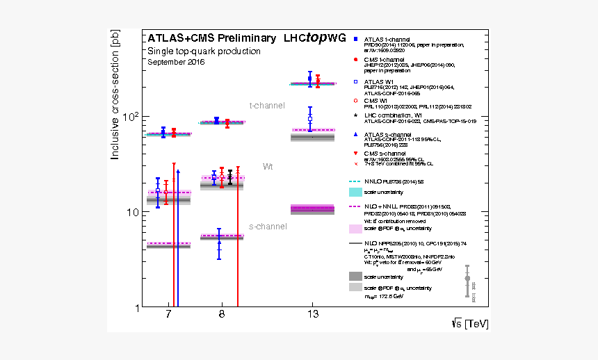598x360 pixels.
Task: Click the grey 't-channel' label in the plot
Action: (267, 106)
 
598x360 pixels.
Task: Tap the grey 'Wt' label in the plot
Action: (268, 167)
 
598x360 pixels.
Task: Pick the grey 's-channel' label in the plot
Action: (268, 227)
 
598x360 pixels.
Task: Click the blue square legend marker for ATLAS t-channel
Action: (355, 39)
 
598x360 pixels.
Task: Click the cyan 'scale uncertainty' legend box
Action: (355, 191)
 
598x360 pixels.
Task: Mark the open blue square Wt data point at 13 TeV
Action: (310, 119)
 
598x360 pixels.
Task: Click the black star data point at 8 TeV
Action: (230, 179)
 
